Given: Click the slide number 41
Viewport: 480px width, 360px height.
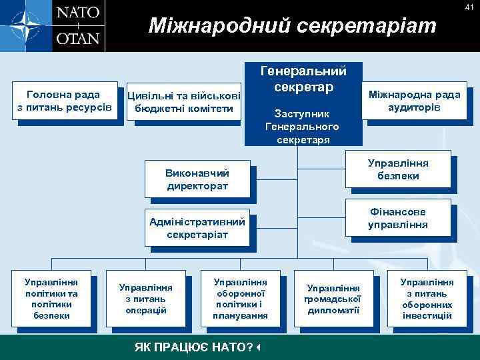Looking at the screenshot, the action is [x=469, y=7].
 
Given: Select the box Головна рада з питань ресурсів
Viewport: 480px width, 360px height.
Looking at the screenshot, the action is [x=63, y=101].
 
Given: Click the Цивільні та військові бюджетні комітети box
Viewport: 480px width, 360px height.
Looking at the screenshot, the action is [x=184, y=102].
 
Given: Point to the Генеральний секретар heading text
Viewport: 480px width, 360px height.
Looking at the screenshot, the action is [x=303, y=79].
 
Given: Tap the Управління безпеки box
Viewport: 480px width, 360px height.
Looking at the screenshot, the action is [x=398, y=169].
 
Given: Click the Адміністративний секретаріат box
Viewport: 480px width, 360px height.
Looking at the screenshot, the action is [x=197, y=228].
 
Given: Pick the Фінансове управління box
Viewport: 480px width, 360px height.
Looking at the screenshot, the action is [x=398, y=218].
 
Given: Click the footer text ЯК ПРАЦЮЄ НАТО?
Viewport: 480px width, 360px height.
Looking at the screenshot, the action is [x=193, y=347].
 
